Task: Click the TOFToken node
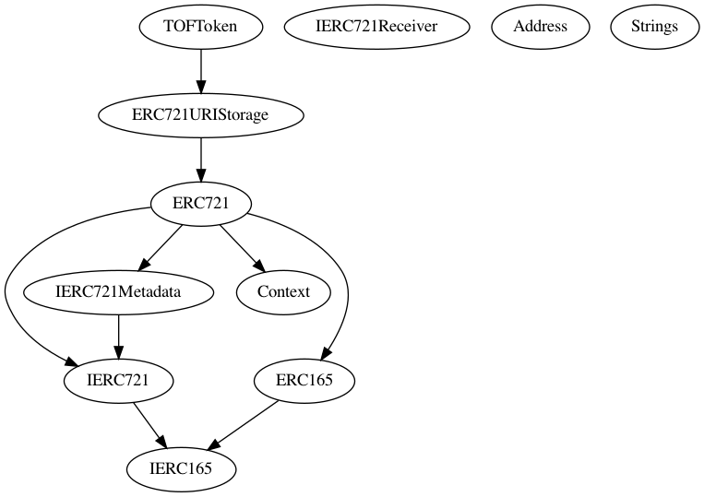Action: point(200,26)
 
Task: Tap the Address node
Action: point(540,26)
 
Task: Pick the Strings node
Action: point(655,26)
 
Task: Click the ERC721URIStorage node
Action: point(200,115)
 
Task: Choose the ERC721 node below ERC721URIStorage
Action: point(200,204)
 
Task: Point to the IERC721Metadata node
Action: point(119,292)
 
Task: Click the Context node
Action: point(283,292)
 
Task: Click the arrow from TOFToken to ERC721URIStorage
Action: point(200,70)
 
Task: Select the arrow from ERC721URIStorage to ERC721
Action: point(200,159)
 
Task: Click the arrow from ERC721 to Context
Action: point(242,247)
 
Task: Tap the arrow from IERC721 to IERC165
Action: point(149,424)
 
